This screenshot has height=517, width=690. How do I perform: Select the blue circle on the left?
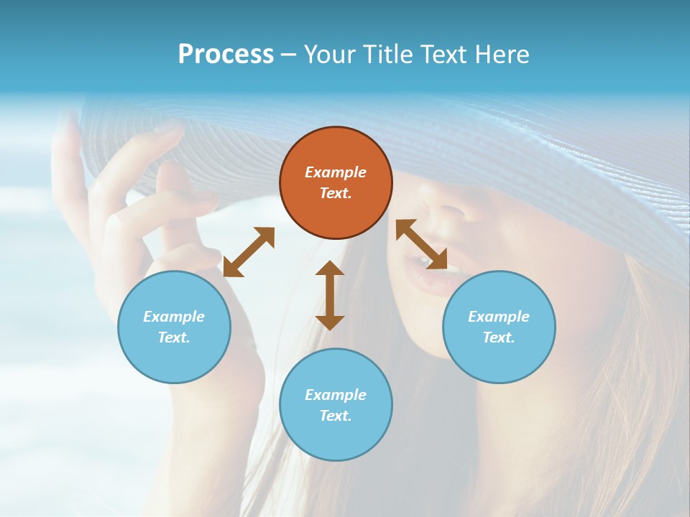(174, 327)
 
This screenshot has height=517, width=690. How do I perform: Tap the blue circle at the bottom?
(336, 404)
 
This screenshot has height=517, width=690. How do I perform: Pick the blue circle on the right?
(499, 327)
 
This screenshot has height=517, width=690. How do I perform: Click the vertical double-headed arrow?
(330, 295)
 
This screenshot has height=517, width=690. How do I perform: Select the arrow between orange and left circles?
(249, 252)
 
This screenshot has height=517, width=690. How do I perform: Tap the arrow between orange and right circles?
(421, 245)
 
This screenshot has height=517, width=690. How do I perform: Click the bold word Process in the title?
(226, 55)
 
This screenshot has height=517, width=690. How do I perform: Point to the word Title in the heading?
(387, 55)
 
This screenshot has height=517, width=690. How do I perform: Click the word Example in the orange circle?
(336, 172)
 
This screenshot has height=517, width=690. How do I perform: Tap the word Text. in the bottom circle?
(336, 416)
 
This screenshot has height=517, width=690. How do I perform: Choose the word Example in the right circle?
(499, 317)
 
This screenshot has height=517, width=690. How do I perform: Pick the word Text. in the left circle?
(174, 337)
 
